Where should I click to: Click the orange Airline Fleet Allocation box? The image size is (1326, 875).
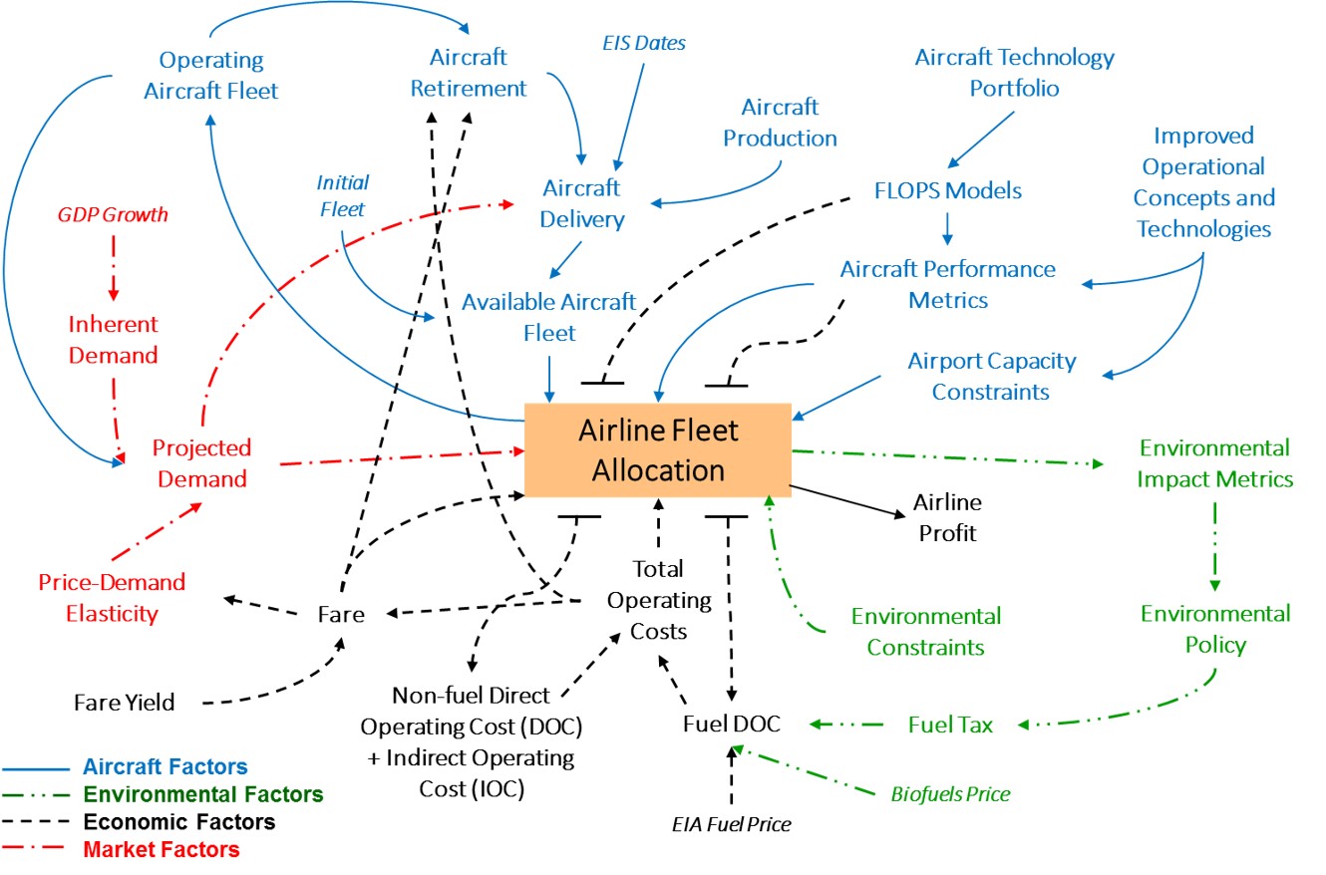point(658,449)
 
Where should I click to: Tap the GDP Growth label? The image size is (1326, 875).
point(112,214)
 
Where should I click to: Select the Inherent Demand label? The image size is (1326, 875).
point(113,340)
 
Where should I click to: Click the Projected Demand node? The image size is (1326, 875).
point(200,463)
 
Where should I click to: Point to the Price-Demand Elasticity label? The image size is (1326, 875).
point(112,597)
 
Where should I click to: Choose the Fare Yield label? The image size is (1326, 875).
point(125,703)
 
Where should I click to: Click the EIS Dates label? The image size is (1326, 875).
point(644,43)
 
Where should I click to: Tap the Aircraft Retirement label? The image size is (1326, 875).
point(469,73)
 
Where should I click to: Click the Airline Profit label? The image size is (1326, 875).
point(947,517)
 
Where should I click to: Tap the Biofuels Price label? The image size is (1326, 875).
point(950,794)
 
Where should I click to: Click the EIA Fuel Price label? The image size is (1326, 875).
point(731,824)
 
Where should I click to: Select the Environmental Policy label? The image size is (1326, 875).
point(1215,629)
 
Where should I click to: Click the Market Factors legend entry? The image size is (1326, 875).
point(162,850)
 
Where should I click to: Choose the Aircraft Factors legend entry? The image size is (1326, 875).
point(166,766)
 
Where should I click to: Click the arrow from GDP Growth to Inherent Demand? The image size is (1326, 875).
point(113,268)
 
